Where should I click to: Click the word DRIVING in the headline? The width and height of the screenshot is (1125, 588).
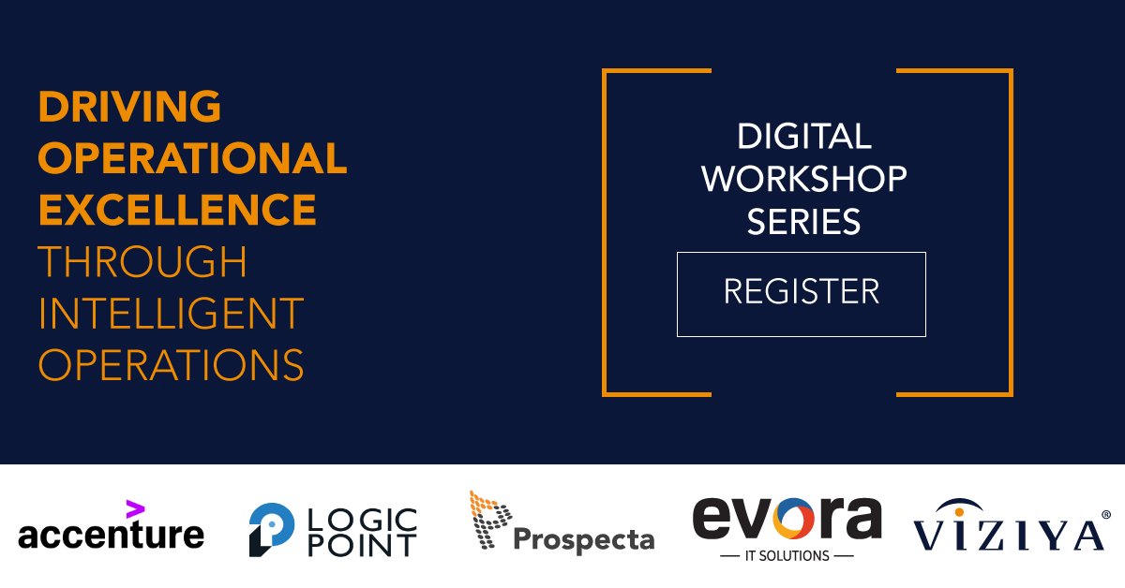tap(129, 107)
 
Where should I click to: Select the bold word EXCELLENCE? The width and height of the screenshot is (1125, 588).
tap(176, 210)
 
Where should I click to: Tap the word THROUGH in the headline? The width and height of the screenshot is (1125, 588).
tap(142, 262)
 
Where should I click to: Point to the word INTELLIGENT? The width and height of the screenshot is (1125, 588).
tap(171, 313)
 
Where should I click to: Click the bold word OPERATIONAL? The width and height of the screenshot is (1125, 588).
tap(192, 158)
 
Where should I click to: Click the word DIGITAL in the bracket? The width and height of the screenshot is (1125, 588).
tap(803, 137)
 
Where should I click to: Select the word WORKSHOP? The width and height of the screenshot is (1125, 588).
tap(803, 179)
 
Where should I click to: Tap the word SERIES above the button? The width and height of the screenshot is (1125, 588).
tap(803, 222)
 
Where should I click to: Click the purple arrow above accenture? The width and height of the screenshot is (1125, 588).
tap(135, 508)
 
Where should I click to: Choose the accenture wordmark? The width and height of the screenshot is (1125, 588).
tap(111, 536)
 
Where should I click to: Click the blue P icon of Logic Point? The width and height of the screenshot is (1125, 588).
tap(267, 528)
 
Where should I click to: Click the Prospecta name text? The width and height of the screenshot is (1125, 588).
tap(583, 539)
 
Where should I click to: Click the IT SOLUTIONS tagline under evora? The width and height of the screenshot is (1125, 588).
tap(786, 555)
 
